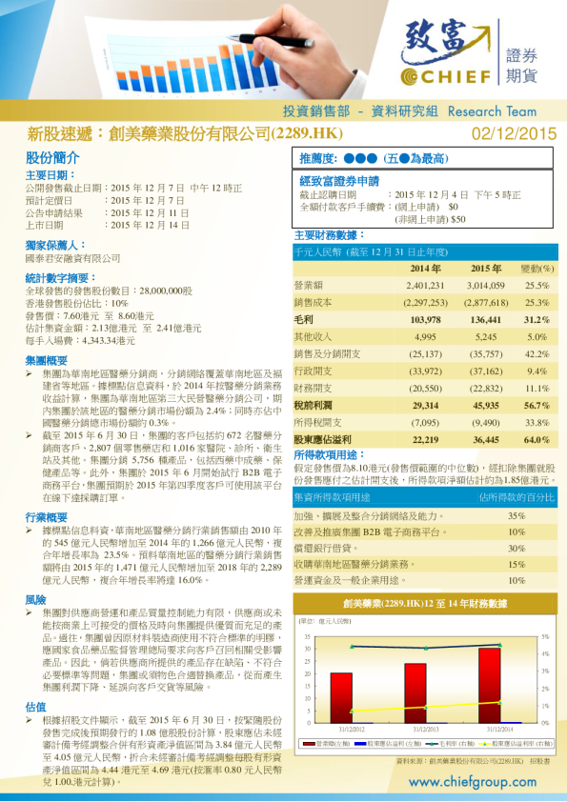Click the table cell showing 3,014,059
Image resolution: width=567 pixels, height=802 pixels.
tap(485, 285)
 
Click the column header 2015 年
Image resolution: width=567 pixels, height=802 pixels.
tap(485, 269)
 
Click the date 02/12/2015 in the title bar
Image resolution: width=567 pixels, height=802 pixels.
tap(514, 134)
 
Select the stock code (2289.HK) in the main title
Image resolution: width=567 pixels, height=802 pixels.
tap(308, 134)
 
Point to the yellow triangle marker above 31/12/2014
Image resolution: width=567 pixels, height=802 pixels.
tap(491, 704)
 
